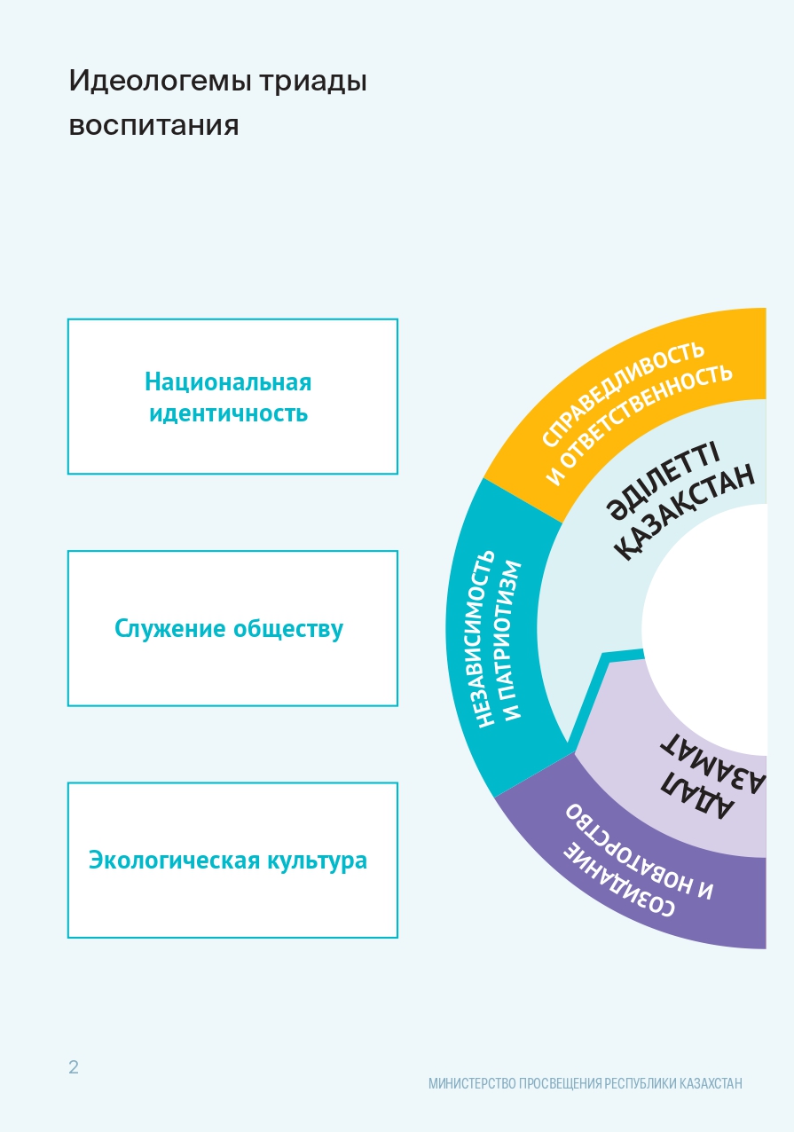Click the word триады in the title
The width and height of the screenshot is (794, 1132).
coord(314,83)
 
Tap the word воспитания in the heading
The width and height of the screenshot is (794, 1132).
coord(153,125)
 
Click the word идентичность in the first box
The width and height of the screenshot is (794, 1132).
coord(228,413)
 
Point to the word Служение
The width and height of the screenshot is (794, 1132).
coord(170,629)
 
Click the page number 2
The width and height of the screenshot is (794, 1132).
coord(74,1067)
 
